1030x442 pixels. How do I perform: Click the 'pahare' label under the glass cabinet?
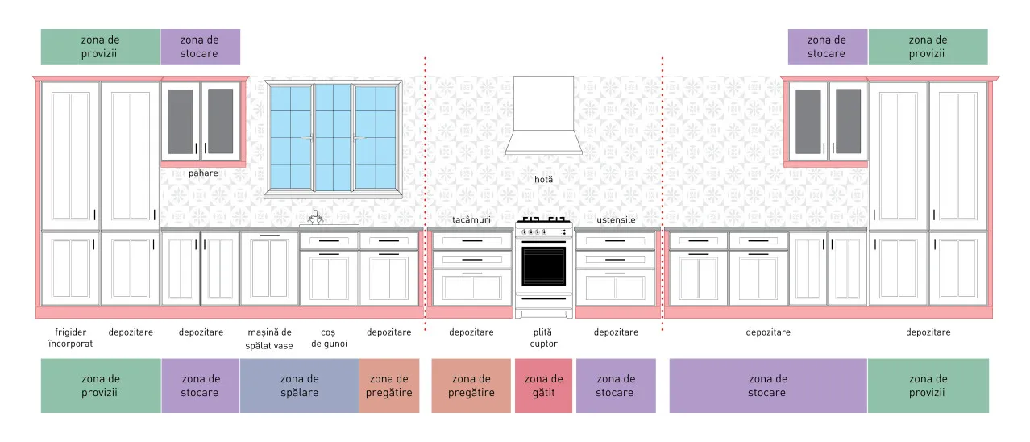point(203,173)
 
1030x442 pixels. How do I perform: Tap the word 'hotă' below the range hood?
point(543,179)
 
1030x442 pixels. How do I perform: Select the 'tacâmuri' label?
point(471,220)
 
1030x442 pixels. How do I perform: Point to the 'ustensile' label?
point(617,220)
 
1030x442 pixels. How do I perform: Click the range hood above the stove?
point(543,115)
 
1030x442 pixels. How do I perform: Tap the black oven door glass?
point(543,266)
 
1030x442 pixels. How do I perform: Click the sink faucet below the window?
point(315,218)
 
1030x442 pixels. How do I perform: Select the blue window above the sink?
point(333,138)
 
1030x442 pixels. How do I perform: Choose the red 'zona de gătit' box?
point(543,386)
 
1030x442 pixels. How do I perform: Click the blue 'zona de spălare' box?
point(299,386)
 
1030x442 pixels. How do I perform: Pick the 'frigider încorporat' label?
point(70,338)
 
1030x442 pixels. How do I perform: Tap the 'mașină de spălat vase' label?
point(269,339)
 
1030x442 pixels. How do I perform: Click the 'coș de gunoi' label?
point(329,338)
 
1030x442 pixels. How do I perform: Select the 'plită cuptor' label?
point(543,338)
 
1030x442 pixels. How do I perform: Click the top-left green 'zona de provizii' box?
point(100,47)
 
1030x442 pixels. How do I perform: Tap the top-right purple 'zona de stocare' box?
point(828,47)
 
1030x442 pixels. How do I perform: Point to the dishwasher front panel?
point(269,269)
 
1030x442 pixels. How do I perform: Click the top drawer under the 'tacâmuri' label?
point(472,241)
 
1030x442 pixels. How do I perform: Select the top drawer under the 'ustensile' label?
point(615,241)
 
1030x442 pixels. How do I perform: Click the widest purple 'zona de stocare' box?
point(768,386)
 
